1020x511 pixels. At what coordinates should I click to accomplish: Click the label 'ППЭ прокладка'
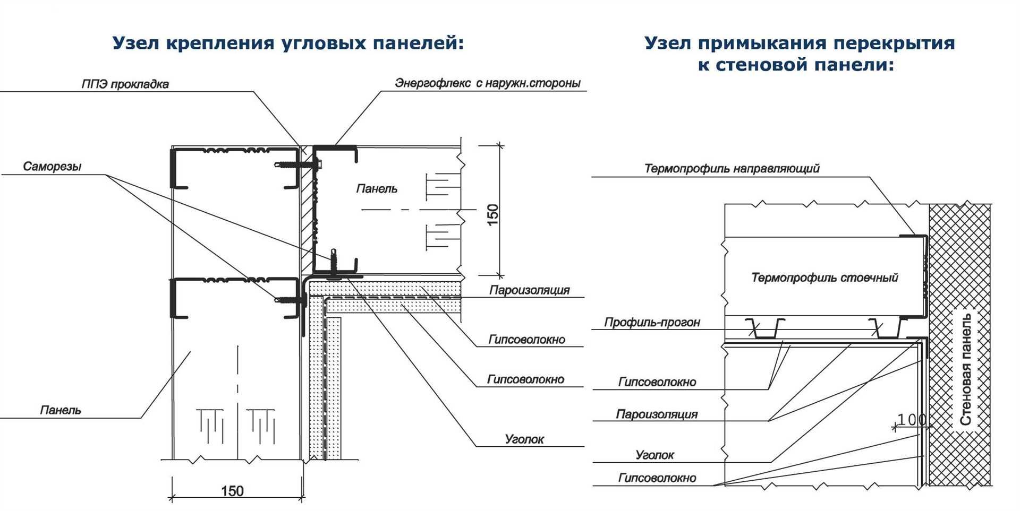point(125,84)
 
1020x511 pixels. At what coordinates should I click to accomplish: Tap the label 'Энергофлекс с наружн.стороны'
point(488,83)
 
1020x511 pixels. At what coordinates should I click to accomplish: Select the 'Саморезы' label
point(52,167)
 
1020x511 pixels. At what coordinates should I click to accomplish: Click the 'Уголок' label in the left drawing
point(524,439)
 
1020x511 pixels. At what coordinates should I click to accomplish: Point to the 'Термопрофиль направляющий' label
point(732,169)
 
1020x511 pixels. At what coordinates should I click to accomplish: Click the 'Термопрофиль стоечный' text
point(824,278)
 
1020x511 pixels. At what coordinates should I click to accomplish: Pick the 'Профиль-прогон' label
point(652,322)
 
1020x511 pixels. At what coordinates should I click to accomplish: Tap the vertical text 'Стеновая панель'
point(966,369)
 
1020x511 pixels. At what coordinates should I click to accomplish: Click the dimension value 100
point(912,420)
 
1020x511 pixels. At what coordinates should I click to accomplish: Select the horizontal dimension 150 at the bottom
point(232,491)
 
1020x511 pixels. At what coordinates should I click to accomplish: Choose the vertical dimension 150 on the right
point(493,215)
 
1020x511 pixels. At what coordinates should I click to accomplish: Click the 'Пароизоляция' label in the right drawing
point(657,414)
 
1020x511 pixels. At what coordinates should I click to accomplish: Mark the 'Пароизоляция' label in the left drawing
point(529,290)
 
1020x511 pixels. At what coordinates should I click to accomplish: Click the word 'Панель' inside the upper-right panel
point(377,188)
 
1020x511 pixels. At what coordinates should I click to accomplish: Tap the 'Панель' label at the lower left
point(61,410)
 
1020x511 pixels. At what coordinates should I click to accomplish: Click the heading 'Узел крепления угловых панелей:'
point(288,43)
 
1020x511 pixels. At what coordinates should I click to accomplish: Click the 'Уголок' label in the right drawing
point(655,455)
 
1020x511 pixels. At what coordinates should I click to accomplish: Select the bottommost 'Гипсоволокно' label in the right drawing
point(657,478)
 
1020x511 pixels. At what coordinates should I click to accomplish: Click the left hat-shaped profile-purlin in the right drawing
point(764,329)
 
